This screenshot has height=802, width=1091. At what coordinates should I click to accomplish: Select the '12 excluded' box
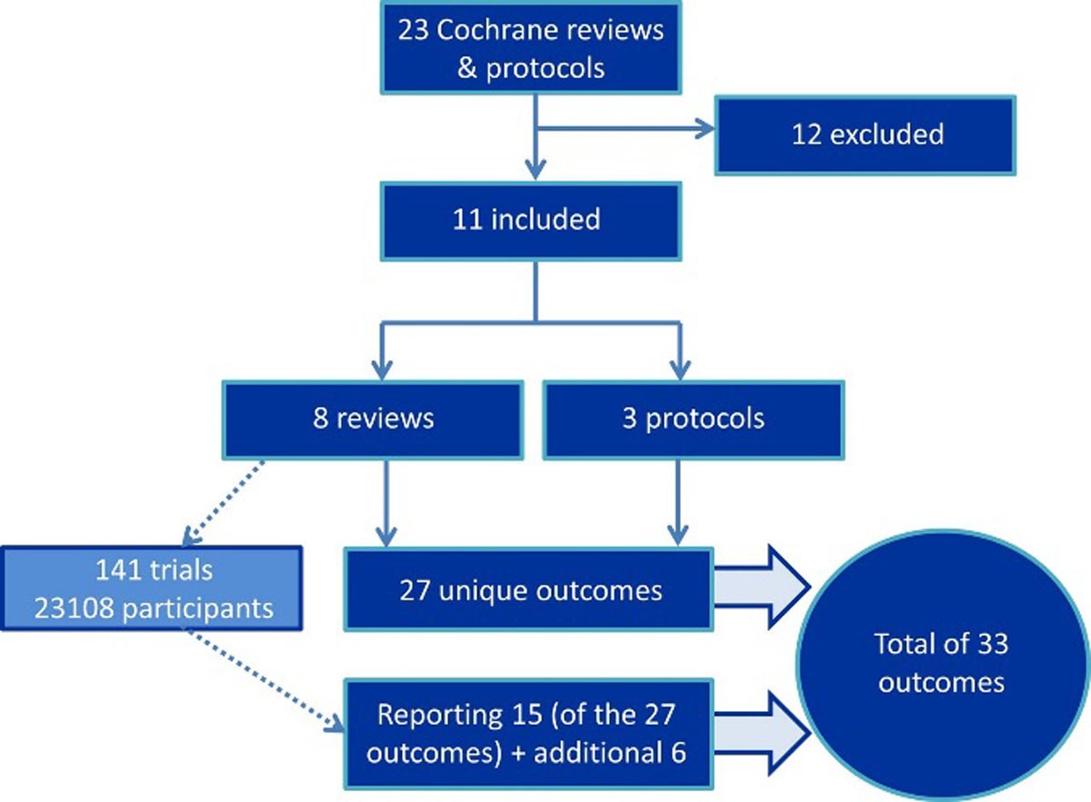tap(865, 135)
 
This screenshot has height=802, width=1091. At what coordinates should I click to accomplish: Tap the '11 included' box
tap(530, 219)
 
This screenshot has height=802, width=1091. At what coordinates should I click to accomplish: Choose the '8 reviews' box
tap(373, 418)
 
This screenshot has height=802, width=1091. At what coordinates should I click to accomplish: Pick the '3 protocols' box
tap(694, 418)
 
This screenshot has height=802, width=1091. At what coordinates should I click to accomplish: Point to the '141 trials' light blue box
tap(152, 588)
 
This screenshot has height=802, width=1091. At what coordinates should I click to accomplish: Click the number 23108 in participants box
tap(68, 607)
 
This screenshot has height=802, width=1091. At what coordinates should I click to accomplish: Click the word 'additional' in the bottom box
tap(621, 753)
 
